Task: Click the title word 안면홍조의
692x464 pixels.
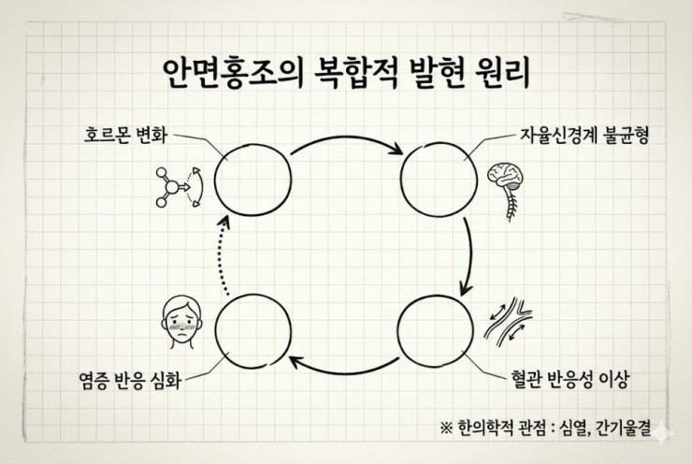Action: click(233, 73)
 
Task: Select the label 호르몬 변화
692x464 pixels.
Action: click(126, 135)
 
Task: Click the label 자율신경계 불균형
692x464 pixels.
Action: click(584, 136)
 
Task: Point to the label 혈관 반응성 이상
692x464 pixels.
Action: click(569, 379)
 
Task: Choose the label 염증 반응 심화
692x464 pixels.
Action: click(130, 380)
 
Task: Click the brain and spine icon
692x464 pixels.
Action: click(506, 190)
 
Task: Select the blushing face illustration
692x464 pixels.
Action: click(181, 322)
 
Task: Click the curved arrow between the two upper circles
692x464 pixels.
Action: click(346, 140)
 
